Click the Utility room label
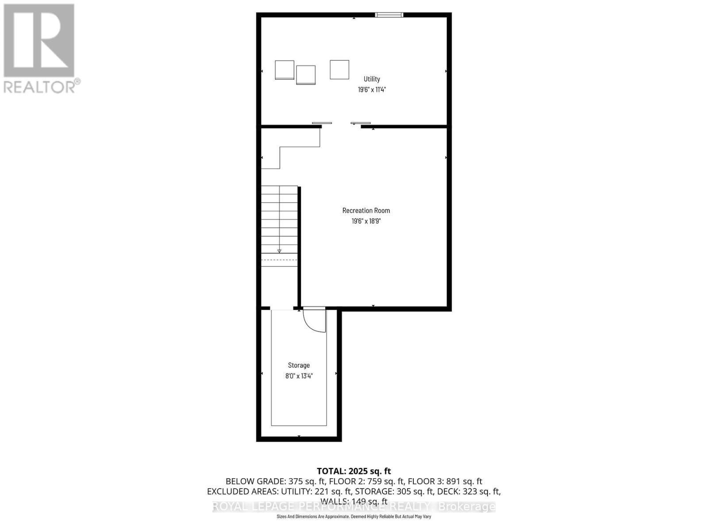[x=372, y=79]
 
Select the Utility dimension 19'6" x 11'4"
[x=372, y=89]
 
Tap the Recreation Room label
[x=366, y=211]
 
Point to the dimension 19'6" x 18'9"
[x=366, y=221]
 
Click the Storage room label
[x=299, y=365]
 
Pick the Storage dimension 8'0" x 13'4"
[x=299, y=376]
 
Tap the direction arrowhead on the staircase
[x=279, y=251]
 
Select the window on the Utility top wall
[x=389, y=15]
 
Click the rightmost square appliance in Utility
[x=339, y=69]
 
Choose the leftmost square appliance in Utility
[x=285, y=70]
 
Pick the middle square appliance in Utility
[x=306, y=75]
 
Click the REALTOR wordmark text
[x=42, y=86]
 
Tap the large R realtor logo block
[x=39, y=40]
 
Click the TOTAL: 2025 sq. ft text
[x=354, y=471]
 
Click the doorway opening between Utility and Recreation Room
[x=341, y=127]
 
